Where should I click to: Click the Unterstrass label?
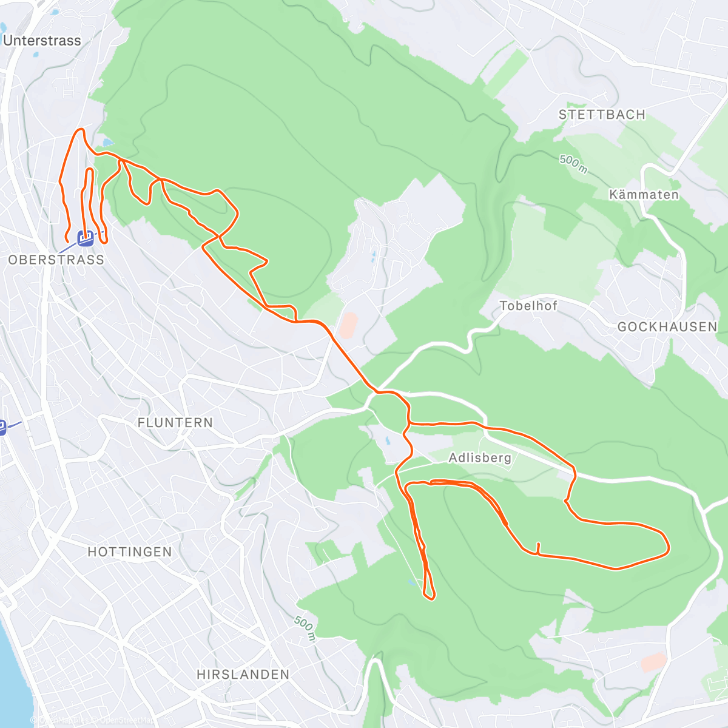tap(42, 41)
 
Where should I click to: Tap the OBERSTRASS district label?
tap(56, 260)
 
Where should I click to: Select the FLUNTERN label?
tap(175, 423)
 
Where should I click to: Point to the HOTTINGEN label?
tap(130, 552)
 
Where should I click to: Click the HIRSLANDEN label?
tap(243, 675)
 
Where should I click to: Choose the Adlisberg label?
tap(480, 458)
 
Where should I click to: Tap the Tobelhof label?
tap(528, 306)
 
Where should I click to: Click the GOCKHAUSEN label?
tap(667, 327)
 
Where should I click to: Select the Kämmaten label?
tap(644, 195)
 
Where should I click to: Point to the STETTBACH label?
tap(602, 115)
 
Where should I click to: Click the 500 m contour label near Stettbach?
tap(573, 164)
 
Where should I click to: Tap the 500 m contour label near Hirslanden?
tap(305, 629)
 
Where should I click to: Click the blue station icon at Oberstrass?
tap(86, 238)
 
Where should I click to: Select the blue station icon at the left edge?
tap(2, 428)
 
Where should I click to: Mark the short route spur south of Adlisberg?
tap(538, 547)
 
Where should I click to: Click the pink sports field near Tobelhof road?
tap(348, 325)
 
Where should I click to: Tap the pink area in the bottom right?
tap(654, 662)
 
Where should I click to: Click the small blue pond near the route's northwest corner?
tap(107, 143)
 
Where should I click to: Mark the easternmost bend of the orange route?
tap(668, 546)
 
